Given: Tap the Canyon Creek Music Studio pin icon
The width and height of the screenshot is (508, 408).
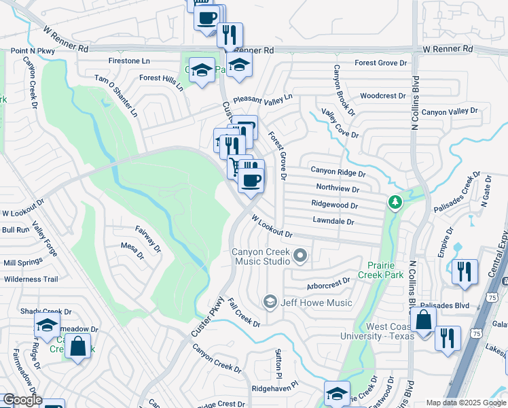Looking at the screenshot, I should [300, 256].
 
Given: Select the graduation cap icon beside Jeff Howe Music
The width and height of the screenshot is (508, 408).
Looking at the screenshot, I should [270, 302].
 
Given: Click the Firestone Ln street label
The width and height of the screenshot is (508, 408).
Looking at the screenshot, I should [129, 61].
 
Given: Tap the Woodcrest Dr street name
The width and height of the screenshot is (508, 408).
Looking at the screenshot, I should [382, 96].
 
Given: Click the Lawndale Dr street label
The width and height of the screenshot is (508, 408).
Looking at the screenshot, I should [333, 221].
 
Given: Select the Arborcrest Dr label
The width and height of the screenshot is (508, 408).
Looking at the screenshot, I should [328, 279].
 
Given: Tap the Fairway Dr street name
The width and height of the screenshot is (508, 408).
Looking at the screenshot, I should [148, 239].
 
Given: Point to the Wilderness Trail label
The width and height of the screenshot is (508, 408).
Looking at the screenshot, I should [31, 279].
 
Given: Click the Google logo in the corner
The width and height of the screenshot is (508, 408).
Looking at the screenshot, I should [22, 400].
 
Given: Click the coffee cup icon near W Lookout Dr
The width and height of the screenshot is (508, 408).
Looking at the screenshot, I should [251, 180].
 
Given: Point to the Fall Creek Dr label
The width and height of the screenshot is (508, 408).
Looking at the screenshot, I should [244, 313].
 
